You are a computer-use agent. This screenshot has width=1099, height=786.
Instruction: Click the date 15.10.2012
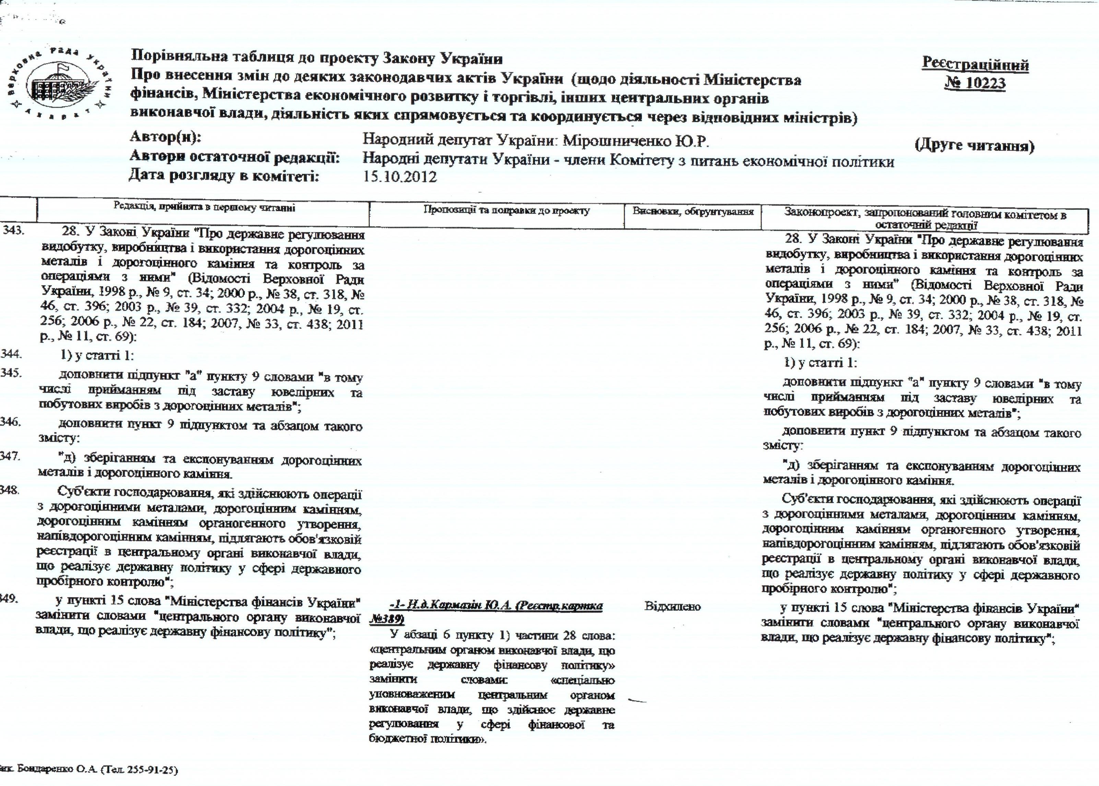[400, 177]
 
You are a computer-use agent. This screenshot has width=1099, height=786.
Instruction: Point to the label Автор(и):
[165, 137]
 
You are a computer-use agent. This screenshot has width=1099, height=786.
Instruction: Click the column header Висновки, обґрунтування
[693, 211]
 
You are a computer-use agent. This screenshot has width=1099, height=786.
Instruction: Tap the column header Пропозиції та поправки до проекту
[507, 210]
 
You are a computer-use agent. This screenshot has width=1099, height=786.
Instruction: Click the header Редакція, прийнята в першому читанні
[204, 208]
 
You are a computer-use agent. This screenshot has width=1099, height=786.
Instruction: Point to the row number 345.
[11, 374]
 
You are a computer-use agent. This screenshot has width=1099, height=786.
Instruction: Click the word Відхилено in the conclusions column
[673, 606]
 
